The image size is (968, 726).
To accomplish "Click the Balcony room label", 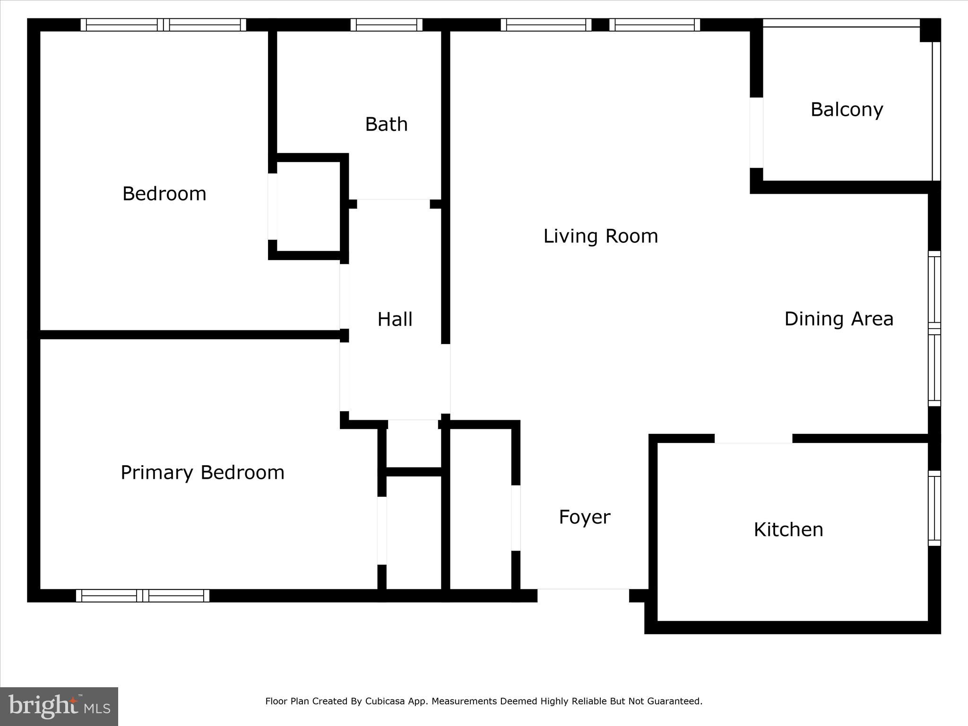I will pyautogui.click(x=847, y=110).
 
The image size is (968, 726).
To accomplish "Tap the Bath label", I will pyautogui.click(x=386, y=124).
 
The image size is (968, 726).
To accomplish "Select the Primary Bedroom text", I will pyautogui.click(x=202, y=473).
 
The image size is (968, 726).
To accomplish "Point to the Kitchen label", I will pyautogui.click(x=788, y=529).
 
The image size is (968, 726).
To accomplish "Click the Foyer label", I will pyautogui.click(x=584, y=517).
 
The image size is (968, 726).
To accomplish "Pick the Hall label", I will pyautogui.click(x=395, y=320).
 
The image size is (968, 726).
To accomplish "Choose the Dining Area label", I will pyautogui.click(x=838, y=319).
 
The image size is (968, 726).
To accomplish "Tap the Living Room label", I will pyautogui.click(x=600, y=236).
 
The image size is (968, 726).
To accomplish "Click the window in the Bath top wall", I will pyautogui.click(x=386, y=25).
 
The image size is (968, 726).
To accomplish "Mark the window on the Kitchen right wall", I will pyautogui.click(x=934, y=508).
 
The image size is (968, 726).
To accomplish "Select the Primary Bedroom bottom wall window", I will pyautogui.click(x=143, y=596).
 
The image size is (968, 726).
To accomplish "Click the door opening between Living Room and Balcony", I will pyautogui.click(x=756, y=133).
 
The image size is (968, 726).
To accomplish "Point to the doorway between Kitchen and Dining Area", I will pyautogui.click(x=753, y=439).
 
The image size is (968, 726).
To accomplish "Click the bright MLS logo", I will pyautogui.click(x=59, y=706).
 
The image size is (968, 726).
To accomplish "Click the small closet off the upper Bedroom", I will pyautogui.click(x=308, y=207).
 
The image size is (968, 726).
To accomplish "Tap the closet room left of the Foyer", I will pyautogui.click(x=481, y=508).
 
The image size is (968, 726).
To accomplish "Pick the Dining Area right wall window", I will pyautogui.click(x=934, y=328).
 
